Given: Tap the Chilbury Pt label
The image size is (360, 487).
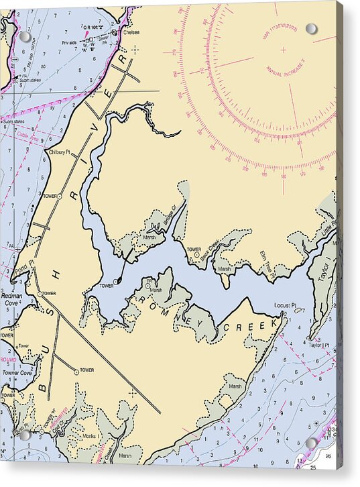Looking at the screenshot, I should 59,152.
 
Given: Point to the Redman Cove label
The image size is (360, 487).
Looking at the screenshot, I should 11,299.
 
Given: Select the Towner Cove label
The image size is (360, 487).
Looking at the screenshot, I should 16,372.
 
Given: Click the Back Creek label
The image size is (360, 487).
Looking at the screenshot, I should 214,251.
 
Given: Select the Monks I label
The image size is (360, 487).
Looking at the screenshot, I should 91,437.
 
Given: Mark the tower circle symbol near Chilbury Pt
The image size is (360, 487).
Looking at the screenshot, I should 59,197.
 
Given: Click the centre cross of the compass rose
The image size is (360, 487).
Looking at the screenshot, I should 282,50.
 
